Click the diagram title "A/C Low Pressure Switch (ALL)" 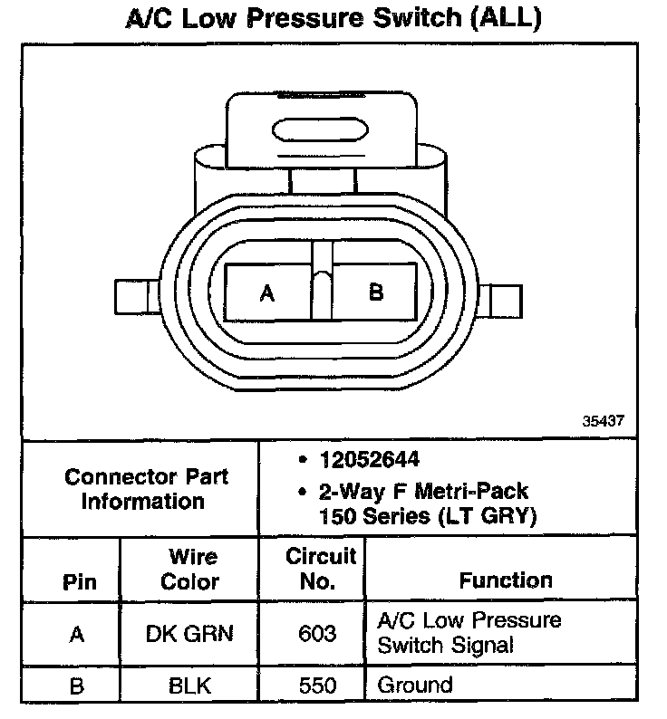click(333, 19)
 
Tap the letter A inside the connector click(266, 293)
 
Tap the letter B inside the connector click(376, 292)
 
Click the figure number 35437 click(604, 422)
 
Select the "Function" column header click(505, 580)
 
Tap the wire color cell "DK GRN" click(189, 633)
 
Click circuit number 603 click(317, 633)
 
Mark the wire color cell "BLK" click(189, 686)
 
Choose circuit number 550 click(317, 686)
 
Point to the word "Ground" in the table click(414, 685)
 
